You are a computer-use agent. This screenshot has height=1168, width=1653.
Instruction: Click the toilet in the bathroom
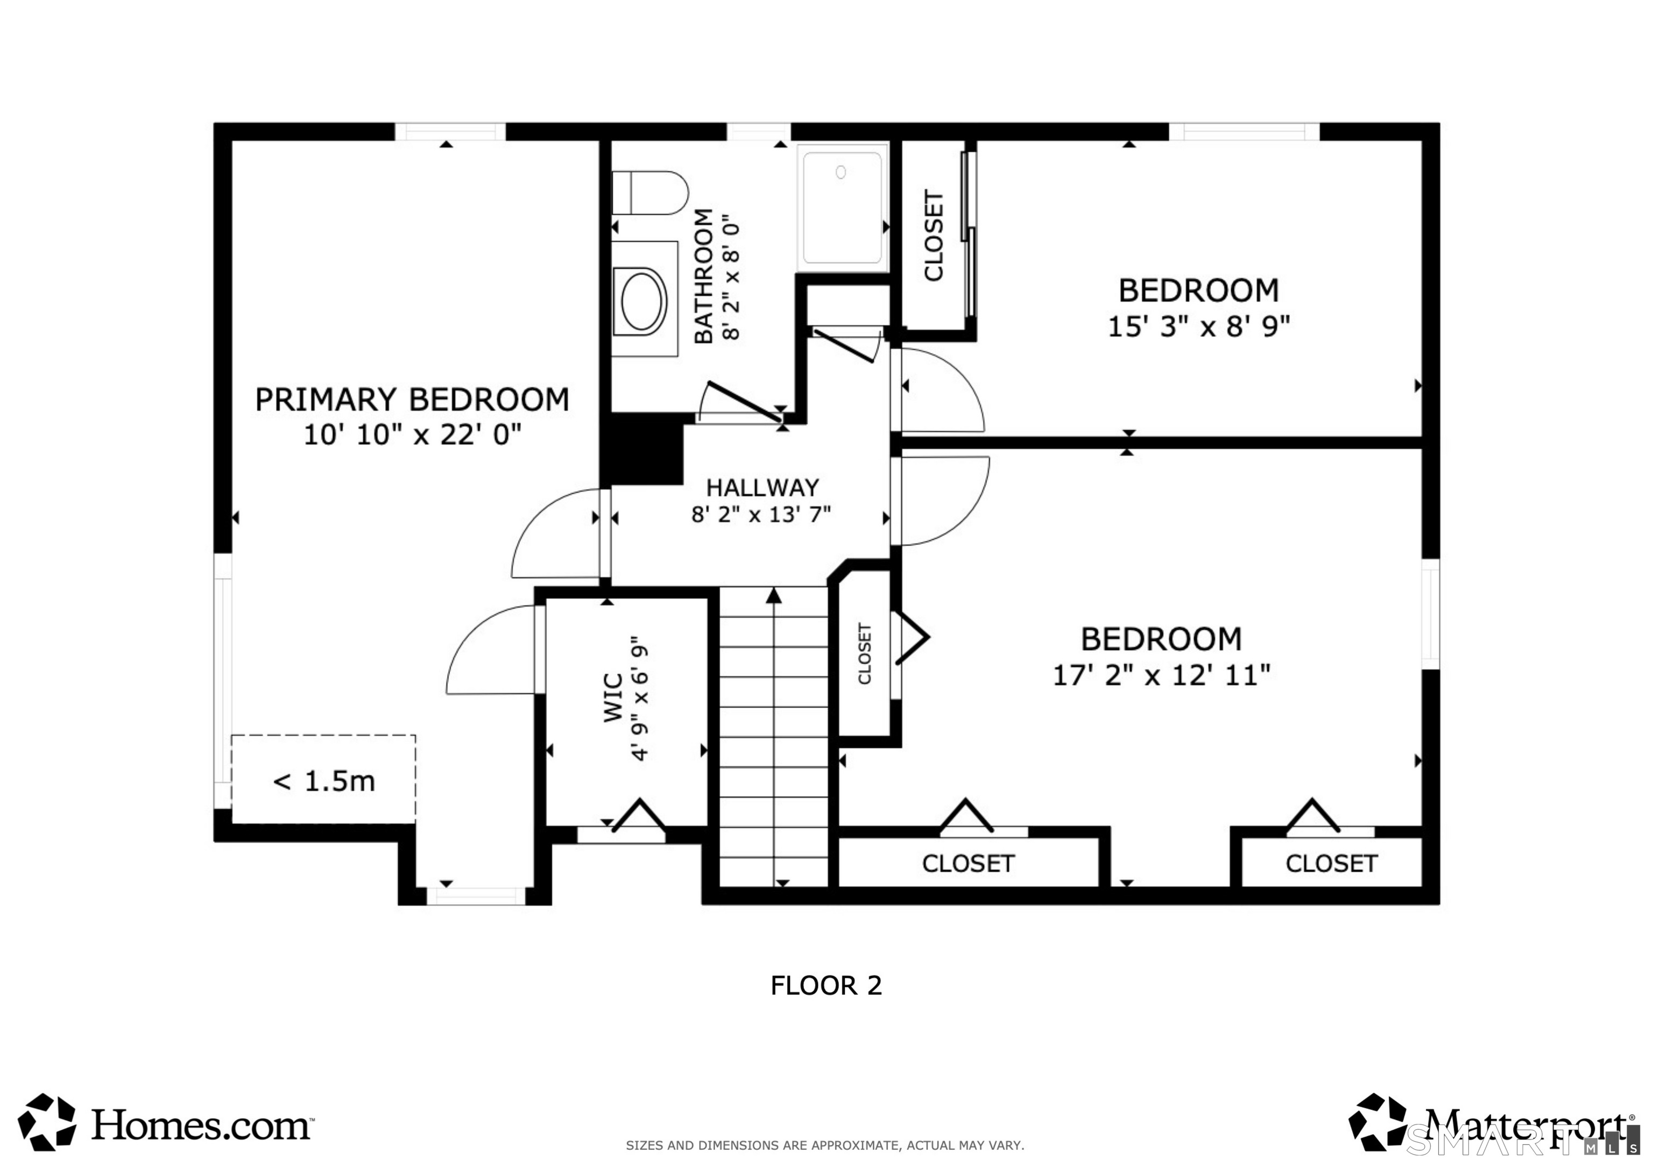[650, 193]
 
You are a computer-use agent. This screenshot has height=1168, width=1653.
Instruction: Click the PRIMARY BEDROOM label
[412, 400]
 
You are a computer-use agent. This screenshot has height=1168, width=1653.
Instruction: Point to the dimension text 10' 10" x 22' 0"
[412, 435]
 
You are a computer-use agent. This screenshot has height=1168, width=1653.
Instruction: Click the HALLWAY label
[762, 488]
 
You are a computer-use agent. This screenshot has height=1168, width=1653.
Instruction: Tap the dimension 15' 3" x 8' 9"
[1198, 327]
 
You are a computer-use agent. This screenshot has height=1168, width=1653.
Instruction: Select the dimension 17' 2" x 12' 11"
[1161, 675]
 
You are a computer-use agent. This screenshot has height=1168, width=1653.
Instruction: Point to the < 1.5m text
[324, 781]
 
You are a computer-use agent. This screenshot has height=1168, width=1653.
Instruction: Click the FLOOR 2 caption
[826, 985]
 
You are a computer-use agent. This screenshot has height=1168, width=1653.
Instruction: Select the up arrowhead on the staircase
[774, 595]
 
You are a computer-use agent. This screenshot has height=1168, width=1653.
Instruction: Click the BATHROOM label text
[703, 276]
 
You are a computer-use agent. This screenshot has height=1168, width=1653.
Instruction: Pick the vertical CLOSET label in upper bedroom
[933, 236]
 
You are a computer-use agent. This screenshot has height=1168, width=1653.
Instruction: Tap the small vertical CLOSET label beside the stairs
[865, 653]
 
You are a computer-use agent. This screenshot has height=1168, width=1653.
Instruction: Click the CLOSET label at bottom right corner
[1331, 864]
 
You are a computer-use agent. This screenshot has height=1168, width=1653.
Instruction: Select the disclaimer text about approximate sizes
[824, 1145]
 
